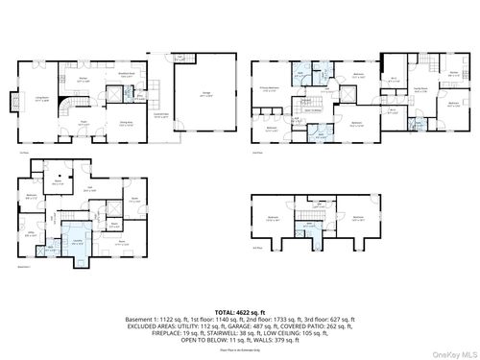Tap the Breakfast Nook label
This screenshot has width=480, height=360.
[125, 74]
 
